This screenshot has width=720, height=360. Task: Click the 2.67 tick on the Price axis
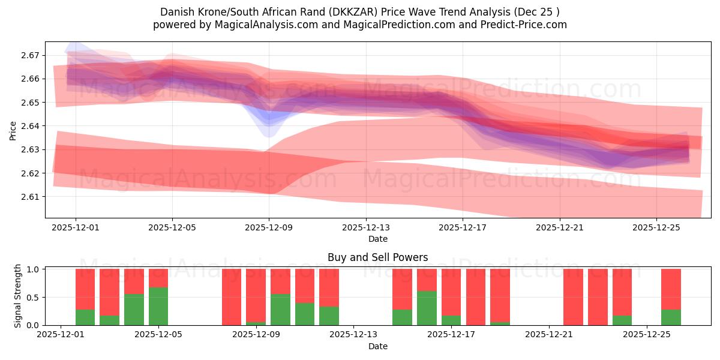[x=31, y=55]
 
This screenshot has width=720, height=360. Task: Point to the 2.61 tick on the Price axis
[x=31, y=197]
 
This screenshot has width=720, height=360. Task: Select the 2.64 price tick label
[x=31, y=126]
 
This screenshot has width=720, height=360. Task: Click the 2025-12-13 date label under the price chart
[x=366, y=228]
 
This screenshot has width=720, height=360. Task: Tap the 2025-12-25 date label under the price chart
[x=656, y=228]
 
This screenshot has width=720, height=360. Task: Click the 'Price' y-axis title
[x=13, y=130]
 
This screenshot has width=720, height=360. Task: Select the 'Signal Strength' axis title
[x=18, y=296]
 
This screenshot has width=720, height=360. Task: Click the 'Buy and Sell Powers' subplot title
[x=378, y=257]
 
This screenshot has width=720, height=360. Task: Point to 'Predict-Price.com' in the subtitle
[x=526, y=25]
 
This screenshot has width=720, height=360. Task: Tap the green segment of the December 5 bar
[x=158, y=306]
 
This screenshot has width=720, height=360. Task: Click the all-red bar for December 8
[x=232, y=297]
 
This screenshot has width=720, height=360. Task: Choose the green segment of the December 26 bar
[x=671, y=317]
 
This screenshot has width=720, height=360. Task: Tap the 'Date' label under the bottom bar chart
[x=378, y=346]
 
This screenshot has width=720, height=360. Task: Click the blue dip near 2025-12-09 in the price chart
[x=269, y=126]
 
